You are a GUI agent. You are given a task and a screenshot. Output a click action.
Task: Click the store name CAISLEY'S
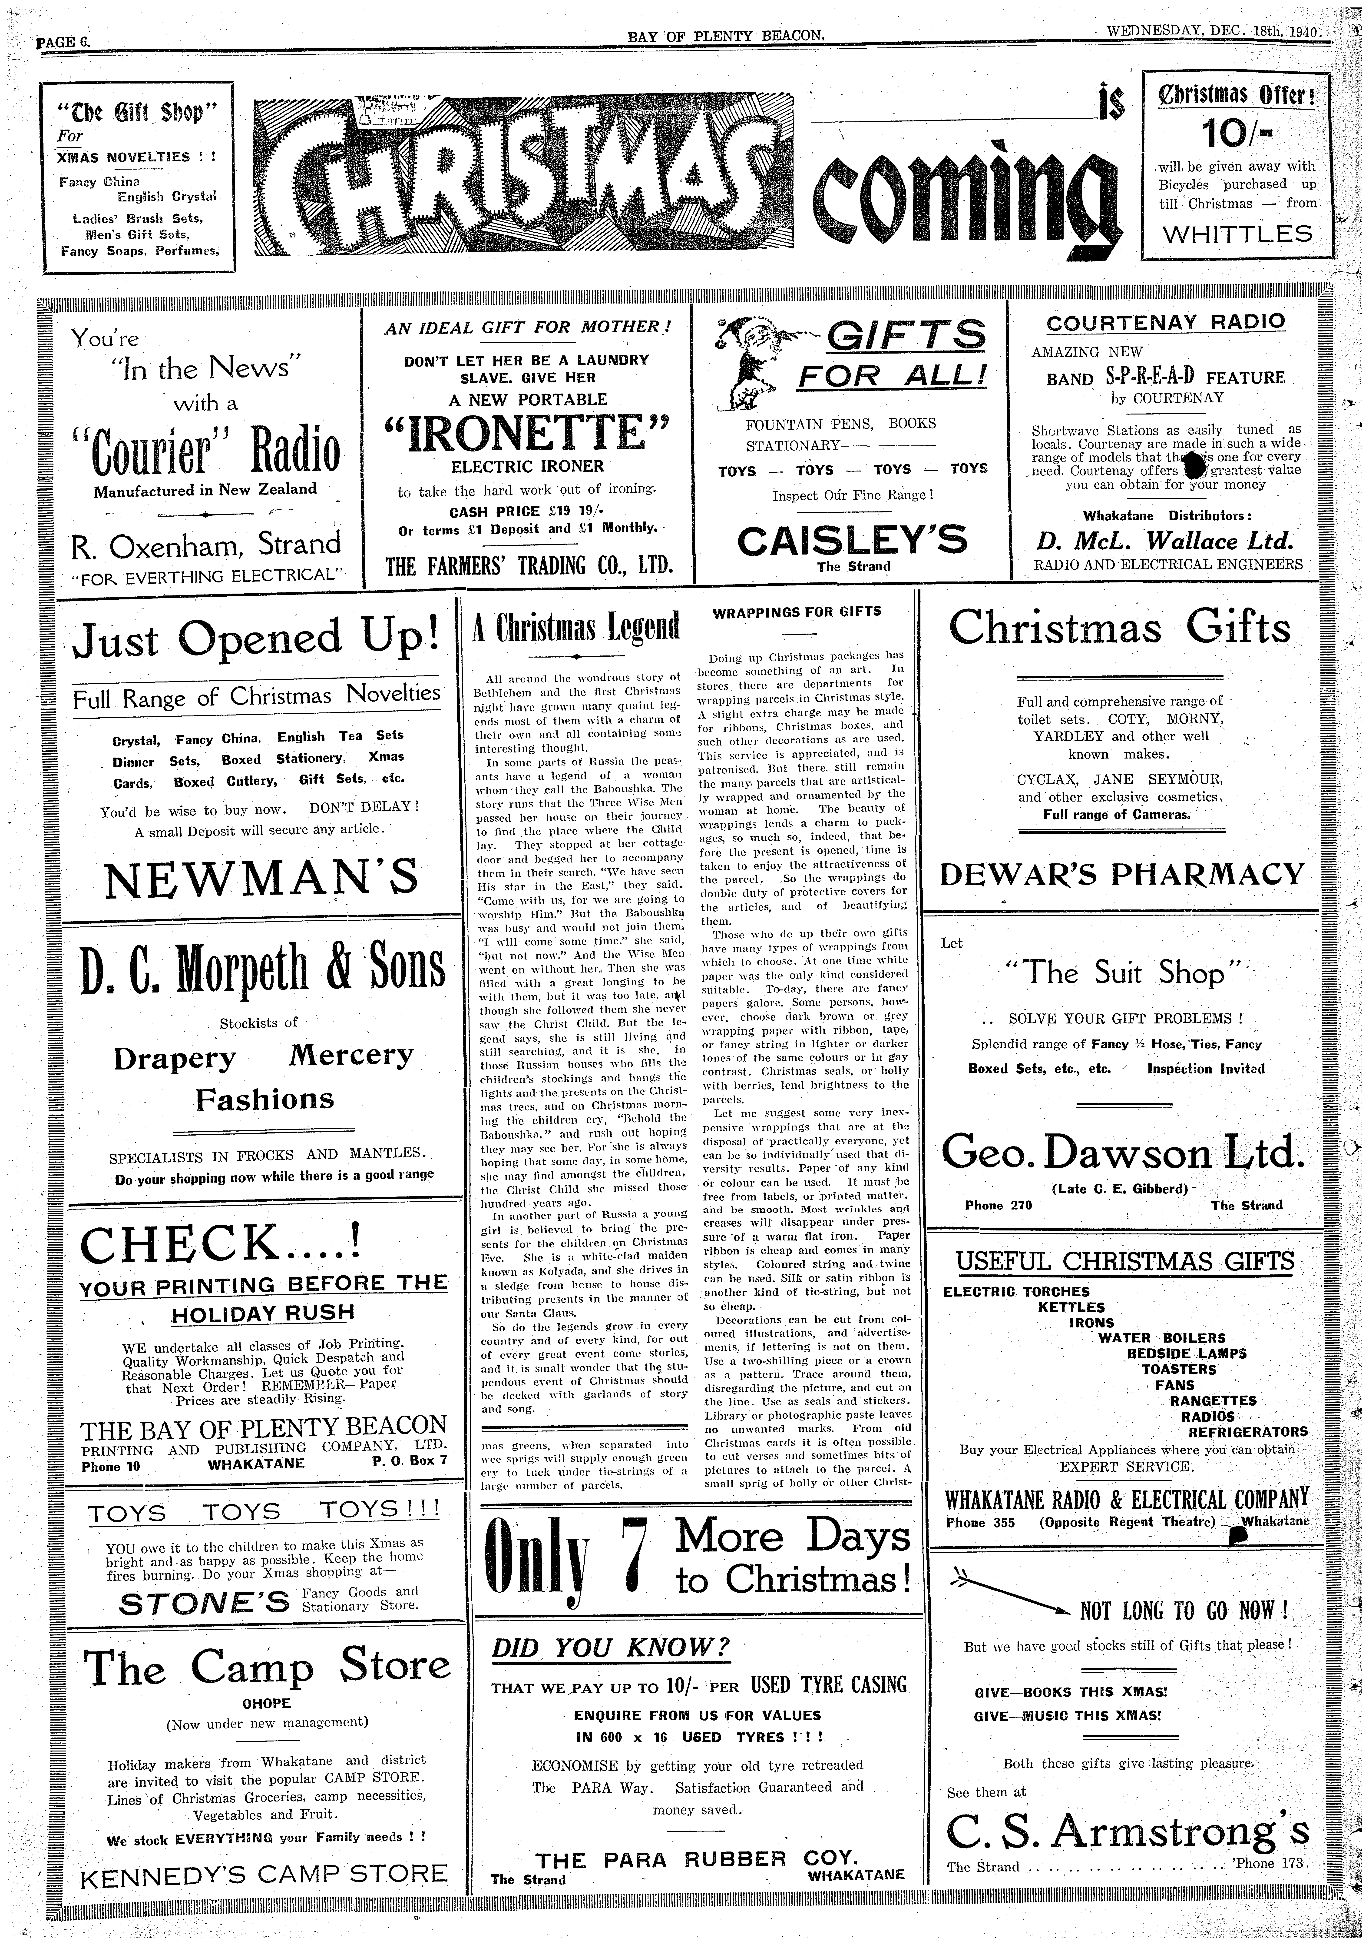click(852, 541)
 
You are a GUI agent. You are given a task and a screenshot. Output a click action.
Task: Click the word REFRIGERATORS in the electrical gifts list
click(1248, 1432)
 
